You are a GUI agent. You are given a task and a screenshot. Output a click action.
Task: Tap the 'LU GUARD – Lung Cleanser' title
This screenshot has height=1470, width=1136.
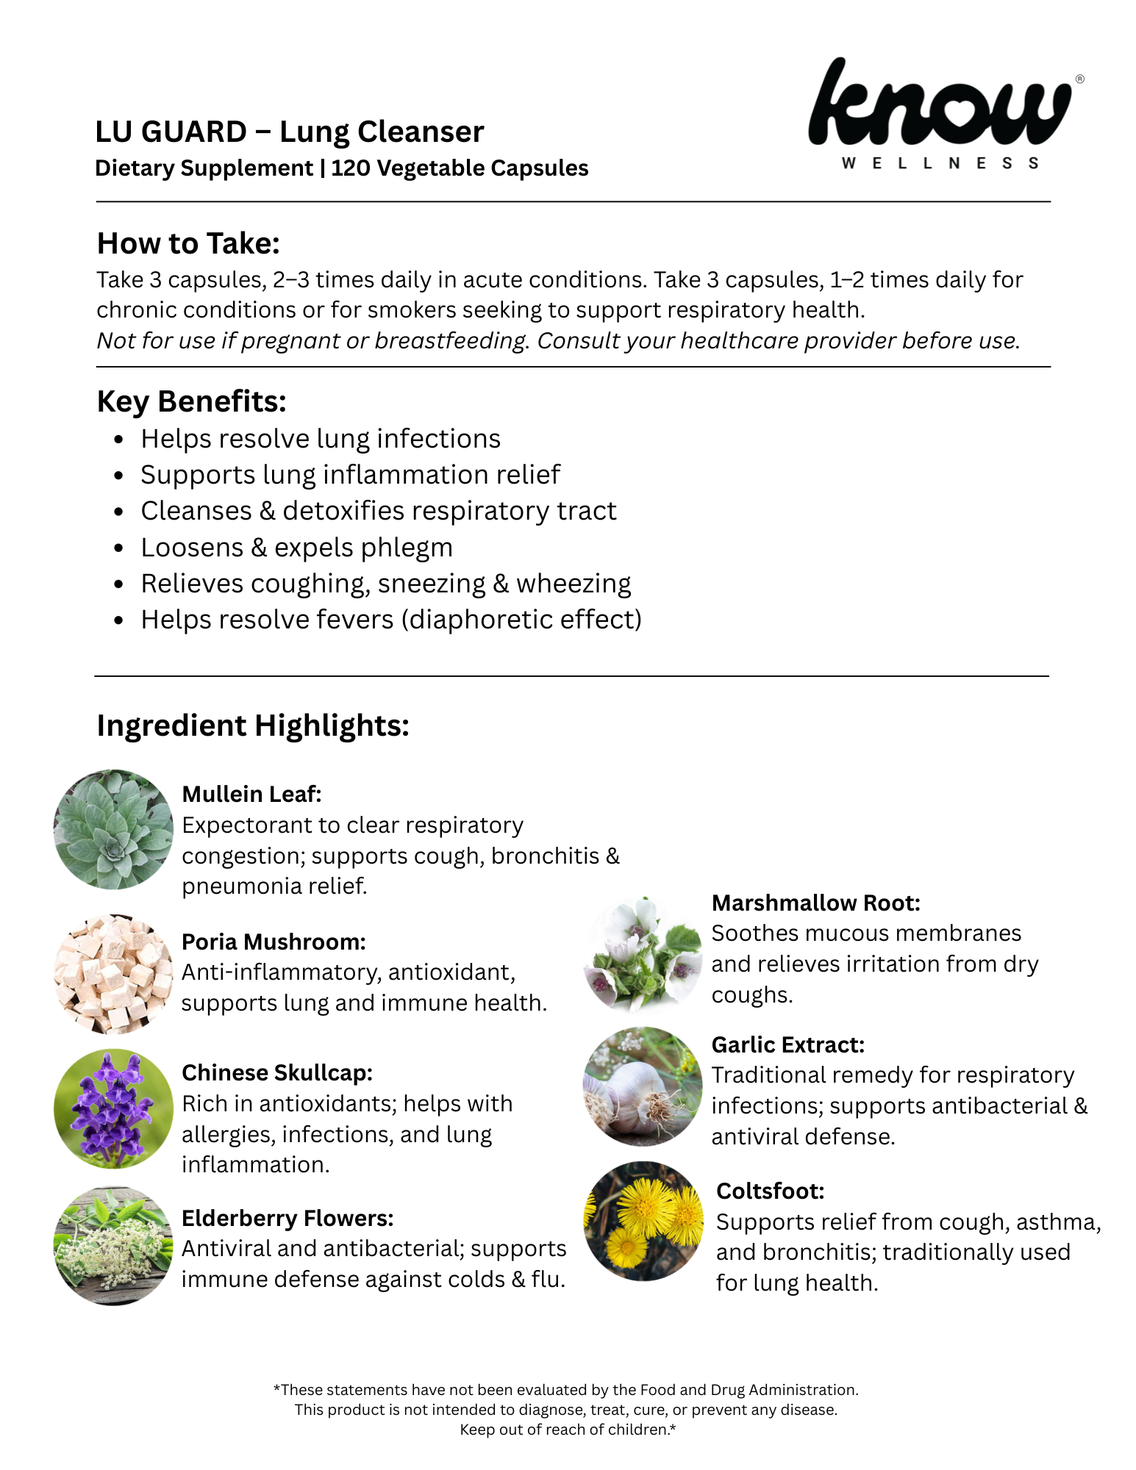290,132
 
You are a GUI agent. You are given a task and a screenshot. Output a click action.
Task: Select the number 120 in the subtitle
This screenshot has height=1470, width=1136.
350,168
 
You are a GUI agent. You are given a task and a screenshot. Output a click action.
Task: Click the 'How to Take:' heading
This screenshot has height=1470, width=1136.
188,244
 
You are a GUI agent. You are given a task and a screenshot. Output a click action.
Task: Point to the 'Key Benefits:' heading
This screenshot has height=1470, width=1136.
191,402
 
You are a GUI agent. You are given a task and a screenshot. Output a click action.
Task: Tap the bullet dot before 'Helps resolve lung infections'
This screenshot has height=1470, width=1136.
118,440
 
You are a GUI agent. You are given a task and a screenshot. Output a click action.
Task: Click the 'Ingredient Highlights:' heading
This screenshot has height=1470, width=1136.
253,725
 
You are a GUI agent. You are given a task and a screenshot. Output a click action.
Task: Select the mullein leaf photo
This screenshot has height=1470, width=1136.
113,829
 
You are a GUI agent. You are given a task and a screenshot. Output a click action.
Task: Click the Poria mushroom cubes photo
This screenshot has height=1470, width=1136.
113,974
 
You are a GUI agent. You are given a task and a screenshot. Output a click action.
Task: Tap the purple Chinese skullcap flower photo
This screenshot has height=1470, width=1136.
113,1108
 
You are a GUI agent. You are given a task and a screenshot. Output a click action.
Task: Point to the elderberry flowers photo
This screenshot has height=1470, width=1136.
113,1246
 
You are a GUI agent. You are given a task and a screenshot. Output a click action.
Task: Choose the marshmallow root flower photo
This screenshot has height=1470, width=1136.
643,953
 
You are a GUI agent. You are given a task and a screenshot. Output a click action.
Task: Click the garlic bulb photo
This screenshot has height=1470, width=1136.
643,1086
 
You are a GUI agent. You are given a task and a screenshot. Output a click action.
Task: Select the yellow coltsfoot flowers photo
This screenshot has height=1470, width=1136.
644,1221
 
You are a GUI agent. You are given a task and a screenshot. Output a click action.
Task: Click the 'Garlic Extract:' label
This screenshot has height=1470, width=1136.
787,1044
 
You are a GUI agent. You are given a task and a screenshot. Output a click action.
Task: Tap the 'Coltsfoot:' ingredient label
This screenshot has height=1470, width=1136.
770,1191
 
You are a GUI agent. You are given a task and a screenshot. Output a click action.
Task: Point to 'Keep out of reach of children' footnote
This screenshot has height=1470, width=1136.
567,1430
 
